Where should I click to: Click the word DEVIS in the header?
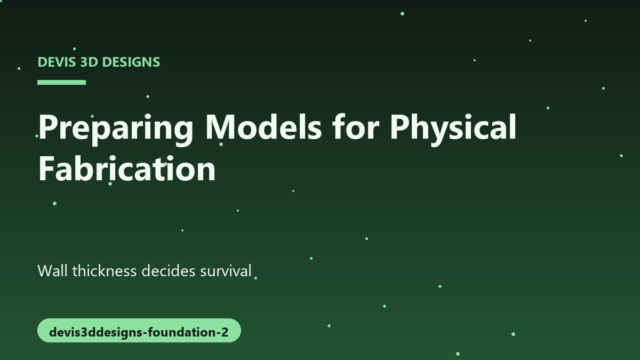coord(57,62)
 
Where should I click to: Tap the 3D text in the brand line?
coord(89,62)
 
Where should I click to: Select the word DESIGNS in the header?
coord(131,62)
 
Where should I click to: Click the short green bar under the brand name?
coord(61,82)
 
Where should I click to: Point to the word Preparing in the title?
coord(116,130)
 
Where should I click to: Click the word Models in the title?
coord(263,126)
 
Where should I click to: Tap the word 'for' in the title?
coord(356,126)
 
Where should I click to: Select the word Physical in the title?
coord(453,130)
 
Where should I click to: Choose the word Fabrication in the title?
coord(127,168)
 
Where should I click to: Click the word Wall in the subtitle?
coord(53,270)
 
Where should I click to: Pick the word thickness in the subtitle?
coord(105,270)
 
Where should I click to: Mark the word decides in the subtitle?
coord(169,270)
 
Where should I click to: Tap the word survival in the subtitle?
coord(226,270)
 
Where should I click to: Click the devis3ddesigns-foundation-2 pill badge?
coord(139,330)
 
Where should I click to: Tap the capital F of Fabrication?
coord(46,168)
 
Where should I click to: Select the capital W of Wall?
coord(45,270)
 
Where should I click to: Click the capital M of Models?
coord(220,126)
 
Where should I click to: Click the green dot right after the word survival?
coord(255,278)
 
